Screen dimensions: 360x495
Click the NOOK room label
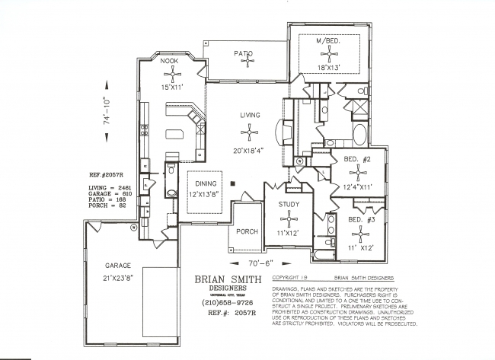click(169, 60)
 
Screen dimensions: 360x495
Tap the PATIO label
click(243, 53)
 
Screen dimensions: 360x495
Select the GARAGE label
click(118, 266)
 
